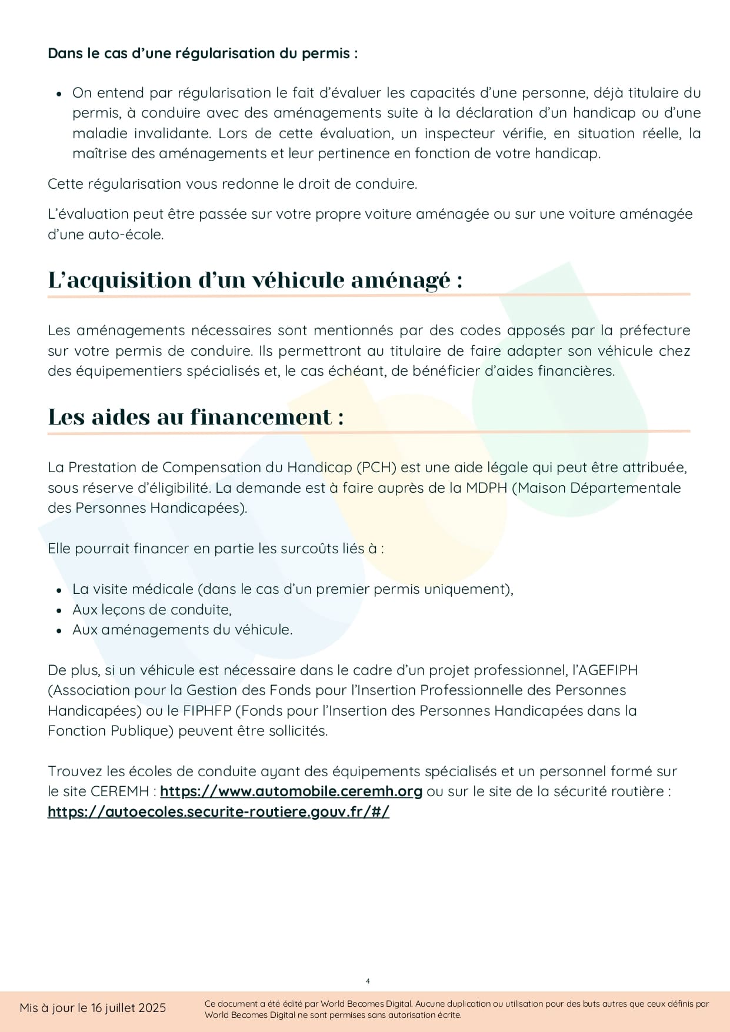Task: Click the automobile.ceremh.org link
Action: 291,791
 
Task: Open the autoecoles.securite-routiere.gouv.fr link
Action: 218,812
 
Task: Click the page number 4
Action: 368,981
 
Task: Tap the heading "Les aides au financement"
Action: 196,417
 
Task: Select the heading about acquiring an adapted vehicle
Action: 255,280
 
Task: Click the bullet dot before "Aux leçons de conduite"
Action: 59,610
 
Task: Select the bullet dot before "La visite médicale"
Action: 59,590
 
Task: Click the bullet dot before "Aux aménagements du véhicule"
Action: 59,630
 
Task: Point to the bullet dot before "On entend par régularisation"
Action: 59,93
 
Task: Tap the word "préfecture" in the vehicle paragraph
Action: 655,330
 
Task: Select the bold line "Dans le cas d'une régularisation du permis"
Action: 202,54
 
